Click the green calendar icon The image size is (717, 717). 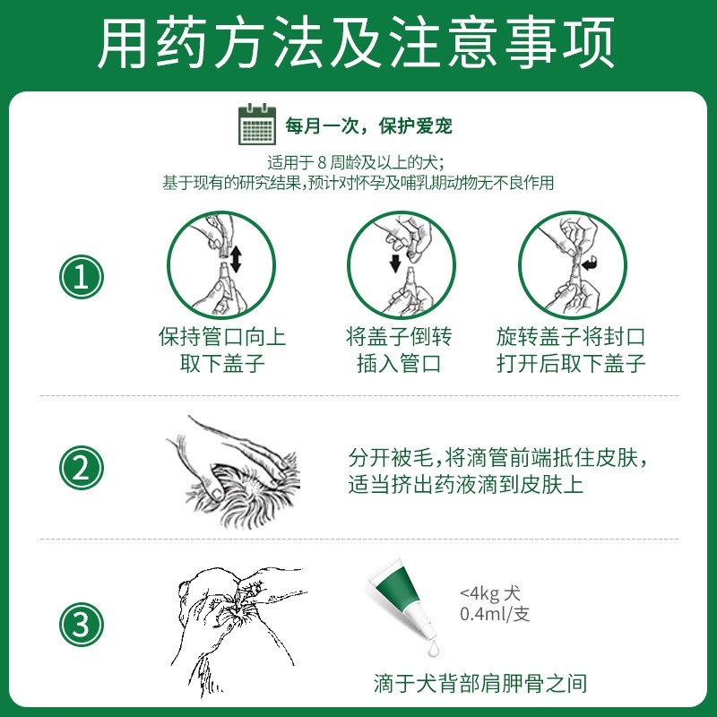click(x=257, y=125)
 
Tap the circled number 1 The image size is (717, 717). click(x=82, y=277)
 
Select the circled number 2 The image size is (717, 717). click(x=82, y=468)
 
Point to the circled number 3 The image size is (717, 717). click(x=82, y=625)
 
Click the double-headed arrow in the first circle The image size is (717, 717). click(x=236, y=259)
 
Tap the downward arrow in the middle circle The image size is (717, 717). click(x=395, y=263)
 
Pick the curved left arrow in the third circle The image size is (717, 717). click(x=590, y=263)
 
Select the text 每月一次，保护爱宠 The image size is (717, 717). click(x=368, y=125)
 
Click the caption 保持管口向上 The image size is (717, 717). click(x=222, y=337)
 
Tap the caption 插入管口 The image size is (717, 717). click(x=399, y=364)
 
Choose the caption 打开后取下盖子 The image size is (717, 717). click(x=571, y=364)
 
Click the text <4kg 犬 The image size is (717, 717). click(x=489, y=593)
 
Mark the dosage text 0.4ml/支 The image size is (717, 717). click(x=495, y=614)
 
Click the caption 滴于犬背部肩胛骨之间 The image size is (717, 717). click(x=479, y=684)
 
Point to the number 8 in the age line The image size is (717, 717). click(x=322, y=163)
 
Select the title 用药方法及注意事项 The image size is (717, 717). click(x=356, y=42)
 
